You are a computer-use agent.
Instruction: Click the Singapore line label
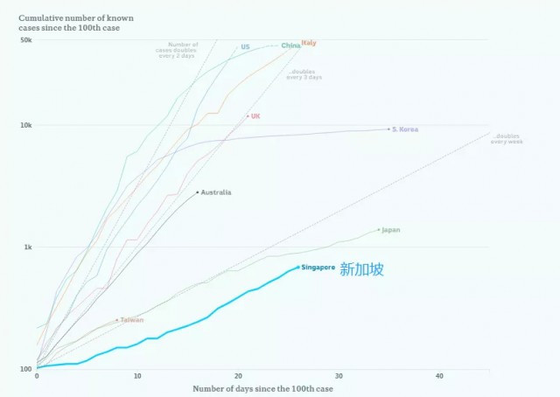tap(318, 268)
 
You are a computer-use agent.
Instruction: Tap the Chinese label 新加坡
tap(361, 269)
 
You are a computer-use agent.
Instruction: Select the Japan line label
tap(391, 230)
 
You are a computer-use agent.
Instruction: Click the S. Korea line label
tap(405, 129)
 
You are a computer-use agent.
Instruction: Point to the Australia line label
tap(216, 192)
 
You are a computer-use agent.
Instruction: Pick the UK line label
tap(255, 115)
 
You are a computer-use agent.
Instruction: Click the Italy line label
tap(309, 44)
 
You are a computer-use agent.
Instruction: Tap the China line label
tap(290, 45)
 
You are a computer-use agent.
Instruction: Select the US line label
tap(245, 46)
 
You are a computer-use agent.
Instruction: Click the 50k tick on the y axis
tap(26, 39)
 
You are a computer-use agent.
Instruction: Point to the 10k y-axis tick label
tap(26, 125)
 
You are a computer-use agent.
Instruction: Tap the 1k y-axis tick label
tap(28, 247)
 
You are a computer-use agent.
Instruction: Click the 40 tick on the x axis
tap(439, 376)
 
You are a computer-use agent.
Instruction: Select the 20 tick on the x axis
tap(238, 376)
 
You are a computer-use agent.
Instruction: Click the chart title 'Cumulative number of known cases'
tap(70, 23)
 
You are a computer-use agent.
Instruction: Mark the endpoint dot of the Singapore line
tap(298, 268)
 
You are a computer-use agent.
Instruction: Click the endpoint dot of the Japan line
tap(379, 230)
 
